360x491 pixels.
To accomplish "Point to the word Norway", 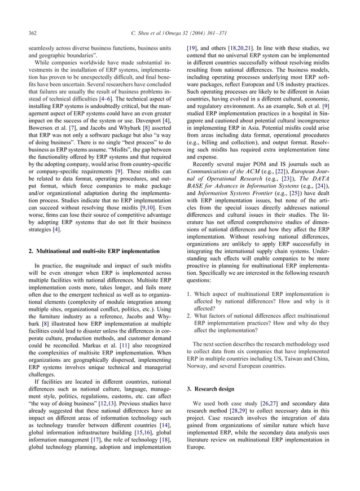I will point(197,366).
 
